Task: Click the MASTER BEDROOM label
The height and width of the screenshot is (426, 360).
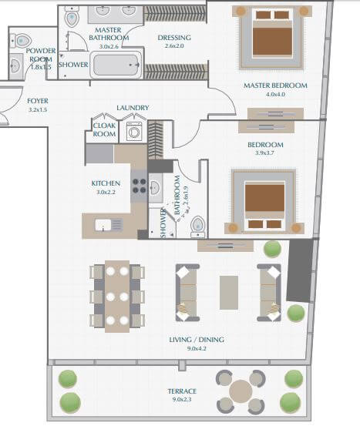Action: [x=274, y=85]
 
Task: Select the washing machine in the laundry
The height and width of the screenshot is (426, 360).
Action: [x=134, y=130]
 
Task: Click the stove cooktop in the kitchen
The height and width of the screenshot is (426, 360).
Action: [x=140, y=185]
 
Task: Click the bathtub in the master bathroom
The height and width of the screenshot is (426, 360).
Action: [x=116, y=65]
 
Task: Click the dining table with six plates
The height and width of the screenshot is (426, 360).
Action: [x=117, y=296]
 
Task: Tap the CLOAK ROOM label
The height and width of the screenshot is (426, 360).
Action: [x=104, y=129]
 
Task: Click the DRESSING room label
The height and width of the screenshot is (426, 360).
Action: [x=173, y=38]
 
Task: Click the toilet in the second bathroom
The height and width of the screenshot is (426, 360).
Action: [x=197, y=225]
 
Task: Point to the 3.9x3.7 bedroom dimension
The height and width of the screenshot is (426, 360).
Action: [x=264, y=153]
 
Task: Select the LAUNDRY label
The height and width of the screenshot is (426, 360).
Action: [x=133, y=108]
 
